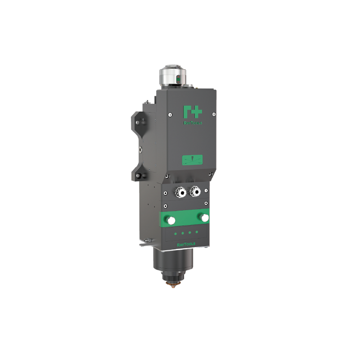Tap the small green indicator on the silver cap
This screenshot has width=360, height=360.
point(177,79)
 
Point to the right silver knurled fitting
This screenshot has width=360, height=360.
point(195,191)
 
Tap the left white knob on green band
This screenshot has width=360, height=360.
point(171,220)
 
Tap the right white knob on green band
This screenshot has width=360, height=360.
point(205,218)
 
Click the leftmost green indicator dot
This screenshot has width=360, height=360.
point(175,234)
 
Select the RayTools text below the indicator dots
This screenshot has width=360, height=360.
point(186,243)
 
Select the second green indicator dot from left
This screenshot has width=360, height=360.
point(182,234)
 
